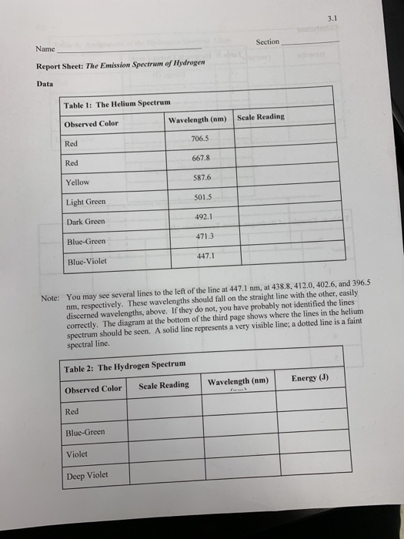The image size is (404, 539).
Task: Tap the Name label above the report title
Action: pyautogui.click(x=45, y=49)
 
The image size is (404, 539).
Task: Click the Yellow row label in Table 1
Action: pyautogui.click(x=78, y=182)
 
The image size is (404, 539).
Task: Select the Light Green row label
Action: pyautogui.click(x=85, y=202)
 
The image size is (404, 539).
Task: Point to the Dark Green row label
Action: pyautogui.click(x=85, y=221)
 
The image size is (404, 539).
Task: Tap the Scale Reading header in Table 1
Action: pyautogui.click(x=262, y=117)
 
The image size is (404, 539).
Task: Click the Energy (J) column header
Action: pyautogui.click(x=309, y=378)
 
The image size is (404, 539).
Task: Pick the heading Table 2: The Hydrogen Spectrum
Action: pyautogui.click(x=125, y=363)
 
